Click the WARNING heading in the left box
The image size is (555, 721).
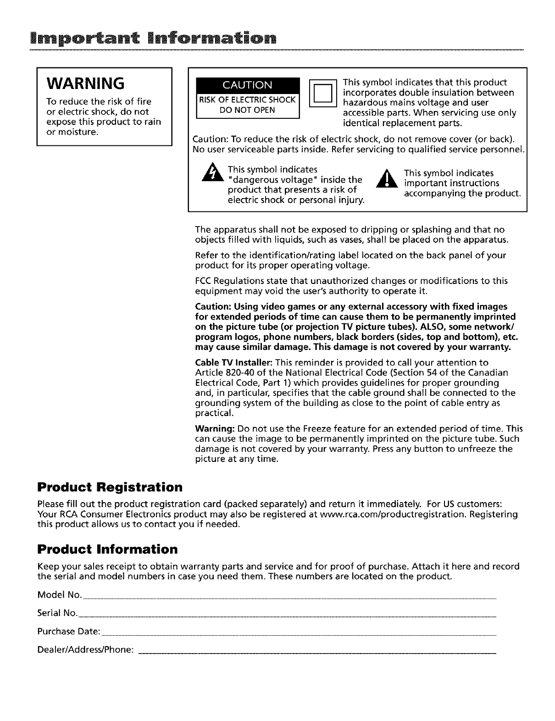[86, 83]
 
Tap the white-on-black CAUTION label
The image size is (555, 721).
[247, 85]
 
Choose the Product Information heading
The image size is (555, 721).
[107, 549]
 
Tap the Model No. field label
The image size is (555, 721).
[59, 595]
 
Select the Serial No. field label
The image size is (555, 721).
[57, 613]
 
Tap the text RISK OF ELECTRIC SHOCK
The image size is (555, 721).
[247, 100]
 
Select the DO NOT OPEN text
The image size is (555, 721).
[247, 110]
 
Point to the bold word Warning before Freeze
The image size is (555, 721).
[215, 429]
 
